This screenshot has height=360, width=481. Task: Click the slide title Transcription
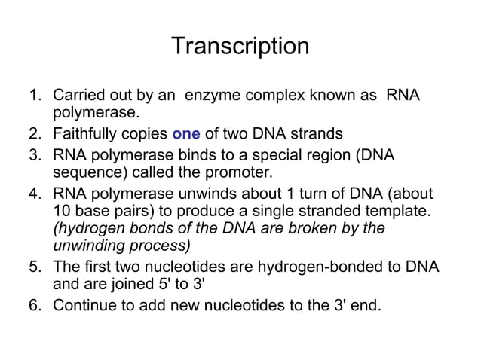click(240, 46)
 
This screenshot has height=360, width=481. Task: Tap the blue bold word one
click(186, 135)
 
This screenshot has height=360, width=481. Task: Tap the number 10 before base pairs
click(61, 210)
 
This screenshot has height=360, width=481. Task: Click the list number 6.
click(33, 305)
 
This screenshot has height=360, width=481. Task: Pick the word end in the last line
click(366, 305)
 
